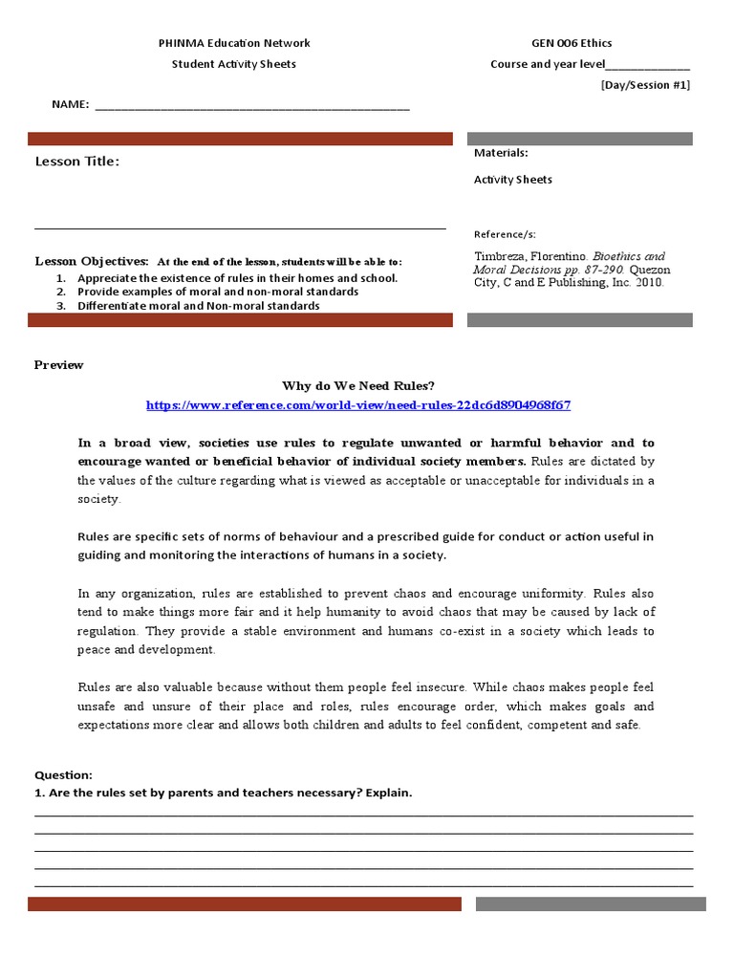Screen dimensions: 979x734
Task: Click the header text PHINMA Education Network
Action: click(x=233, y=43)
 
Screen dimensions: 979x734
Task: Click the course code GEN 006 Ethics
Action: click(x=572, y=43)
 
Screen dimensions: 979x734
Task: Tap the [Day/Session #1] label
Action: click(x=645, y=85)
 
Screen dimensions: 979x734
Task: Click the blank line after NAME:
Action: click(x=252, y=106)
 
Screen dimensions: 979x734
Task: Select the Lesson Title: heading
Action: click(x=77, y=162)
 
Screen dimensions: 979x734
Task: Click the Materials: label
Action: click(x=501, y=153)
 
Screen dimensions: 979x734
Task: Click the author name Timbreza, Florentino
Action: click(x=530, y=256)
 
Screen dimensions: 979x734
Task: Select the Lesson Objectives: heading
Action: click(x=92, y=261)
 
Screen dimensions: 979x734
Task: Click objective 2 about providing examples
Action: click(x=218, y=292)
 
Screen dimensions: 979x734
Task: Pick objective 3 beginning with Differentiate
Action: click(x=199, y=306)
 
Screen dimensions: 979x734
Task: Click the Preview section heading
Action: click(x=59, y=365)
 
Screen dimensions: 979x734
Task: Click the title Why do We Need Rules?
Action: click(x=358, y=385)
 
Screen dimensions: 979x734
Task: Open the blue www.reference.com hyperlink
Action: click(x=358, y=405)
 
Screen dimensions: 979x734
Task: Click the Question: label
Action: click(x=63, y=775)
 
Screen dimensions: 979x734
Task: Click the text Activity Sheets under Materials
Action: click(x=512, y=180)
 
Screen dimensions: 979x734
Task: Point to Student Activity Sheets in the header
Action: click(x=233, y=64)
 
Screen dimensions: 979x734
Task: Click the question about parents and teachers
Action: click(x=224, y=794)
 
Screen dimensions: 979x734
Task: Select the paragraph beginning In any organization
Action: click(x=366, y=621)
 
